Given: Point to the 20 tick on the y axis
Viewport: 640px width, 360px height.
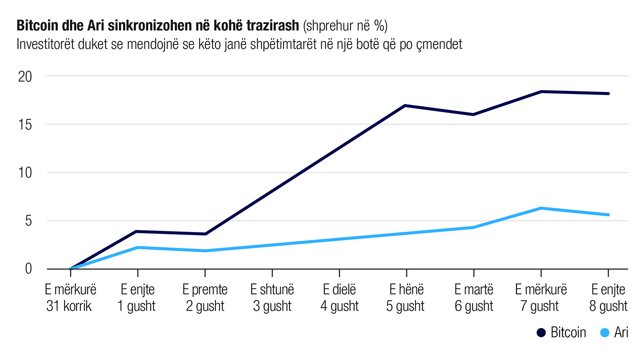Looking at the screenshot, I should pyautogui.click(x=25, y=76).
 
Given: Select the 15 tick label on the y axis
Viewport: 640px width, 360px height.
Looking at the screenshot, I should pyautogui.click(x=25, y=124).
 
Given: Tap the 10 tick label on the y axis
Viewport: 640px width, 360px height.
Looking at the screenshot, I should pyautogui.click(x=25, y=172).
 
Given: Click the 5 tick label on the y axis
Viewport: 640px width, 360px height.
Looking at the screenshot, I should pyautogui.click(x=28, y=220).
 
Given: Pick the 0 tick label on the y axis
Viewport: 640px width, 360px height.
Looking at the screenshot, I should pyautogui.click(x=28, y=268).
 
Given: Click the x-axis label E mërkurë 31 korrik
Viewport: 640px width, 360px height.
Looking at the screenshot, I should pyautogui.click(x=70, y=298).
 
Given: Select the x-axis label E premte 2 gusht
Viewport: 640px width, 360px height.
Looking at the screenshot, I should pyautogui.click(x=205, y=298).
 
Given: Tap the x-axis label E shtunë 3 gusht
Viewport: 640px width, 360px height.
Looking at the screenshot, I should pyautogui.click(x=272, y=298).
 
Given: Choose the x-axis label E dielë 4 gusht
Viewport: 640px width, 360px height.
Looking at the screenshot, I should pyautogui.click(x=339, y=298).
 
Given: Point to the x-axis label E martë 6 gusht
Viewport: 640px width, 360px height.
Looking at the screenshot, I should pyautogui.click(x=473, y=298).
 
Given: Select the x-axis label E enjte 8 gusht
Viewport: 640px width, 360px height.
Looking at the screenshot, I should pyautogui.click(x=608, y=298).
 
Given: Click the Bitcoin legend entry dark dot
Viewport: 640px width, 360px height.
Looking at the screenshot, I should pyautogui.click(x=540, y=333).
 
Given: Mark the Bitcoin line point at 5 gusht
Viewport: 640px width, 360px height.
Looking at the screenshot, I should pyautogui.click(x=405, y=105).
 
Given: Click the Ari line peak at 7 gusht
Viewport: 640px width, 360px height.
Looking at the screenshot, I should pyautogui.click(x=540, y=208).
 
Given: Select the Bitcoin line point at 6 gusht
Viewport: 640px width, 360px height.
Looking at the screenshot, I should pyautogui.click(x=473, y=114).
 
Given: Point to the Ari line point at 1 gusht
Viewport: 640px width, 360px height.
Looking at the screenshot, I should pyautogui.click(x=137, y=247).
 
